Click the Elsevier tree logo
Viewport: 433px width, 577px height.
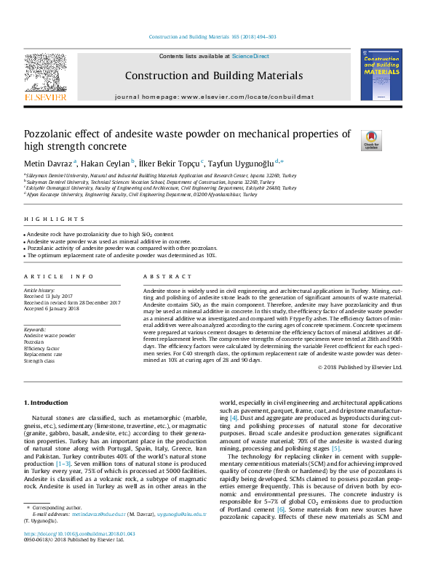(46, 76)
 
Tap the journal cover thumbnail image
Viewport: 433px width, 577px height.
(381, 73)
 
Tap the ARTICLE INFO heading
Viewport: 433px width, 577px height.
(59, 277)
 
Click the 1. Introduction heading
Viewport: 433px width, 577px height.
(47, 402)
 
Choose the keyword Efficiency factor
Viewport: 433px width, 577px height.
(42, 348)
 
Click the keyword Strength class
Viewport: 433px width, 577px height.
(39, 360)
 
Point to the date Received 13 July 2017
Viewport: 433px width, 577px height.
(52, 296)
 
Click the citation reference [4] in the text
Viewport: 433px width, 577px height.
(233, 418)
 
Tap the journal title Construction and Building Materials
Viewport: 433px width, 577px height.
(213, 76)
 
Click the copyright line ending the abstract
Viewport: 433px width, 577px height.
(360, 367)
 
